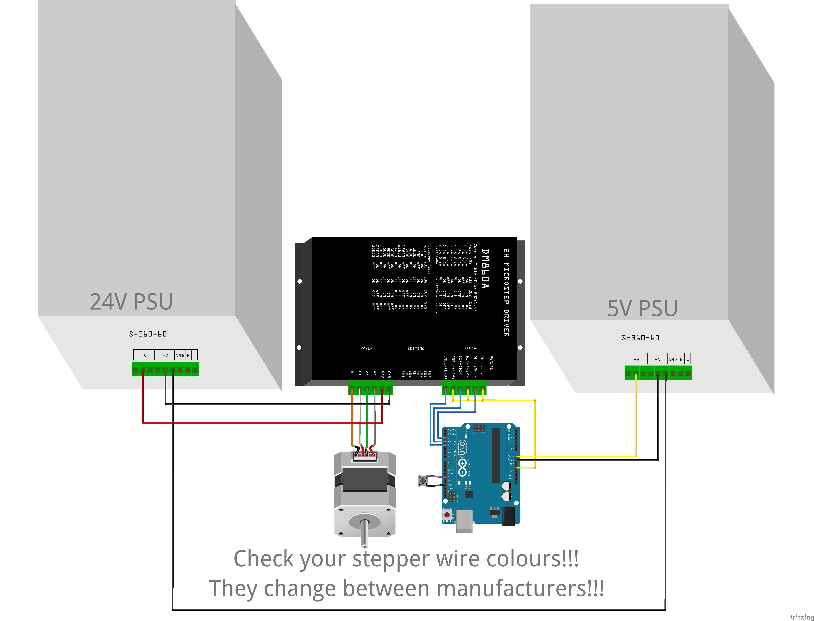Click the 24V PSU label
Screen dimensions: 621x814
tap(131, 302)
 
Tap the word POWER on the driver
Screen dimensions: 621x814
tap(366, 348)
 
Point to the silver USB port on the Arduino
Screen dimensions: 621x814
tap(464, 521)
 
